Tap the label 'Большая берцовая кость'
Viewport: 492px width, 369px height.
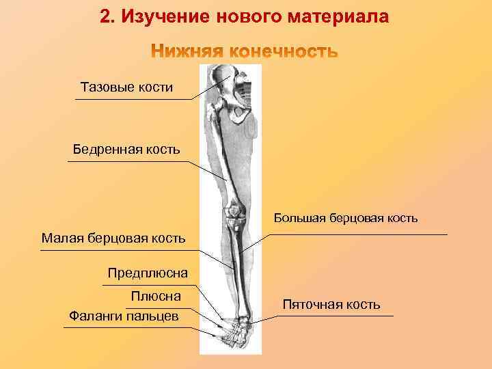[346, 219]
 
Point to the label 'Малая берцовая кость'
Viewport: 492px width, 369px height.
[113, 238]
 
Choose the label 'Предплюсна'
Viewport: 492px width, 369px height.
[147, 274]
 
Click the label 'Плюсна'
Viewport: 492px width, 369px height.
[156, 296]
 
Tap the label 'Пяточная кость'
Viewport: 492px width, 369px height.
[331, 305]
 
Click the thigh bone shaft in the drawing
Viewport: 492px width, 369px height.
[225, 157]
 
